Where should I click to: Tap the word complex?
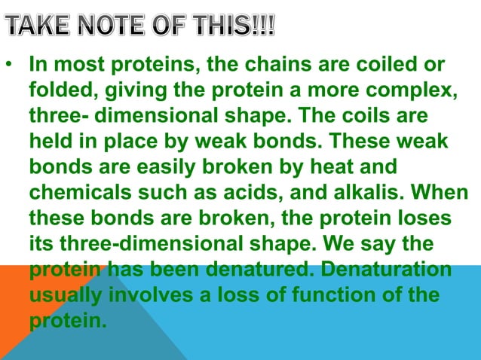[x=406, y=92]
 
